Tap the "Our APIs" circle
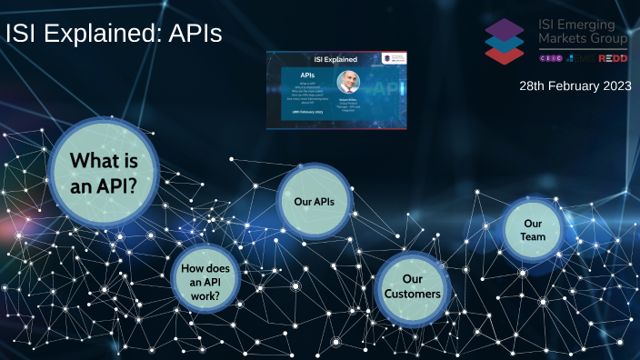[x=314, y=200]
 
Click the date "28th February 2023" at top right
[x=575, y=85]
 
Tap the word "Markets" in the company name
[x=565, y=39]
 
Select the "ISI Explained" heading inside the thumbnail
[x=335, y=59]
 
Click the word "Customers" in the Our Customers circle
[x=412, y=295]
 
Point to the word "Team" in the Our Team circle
[x=533, y=237]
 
